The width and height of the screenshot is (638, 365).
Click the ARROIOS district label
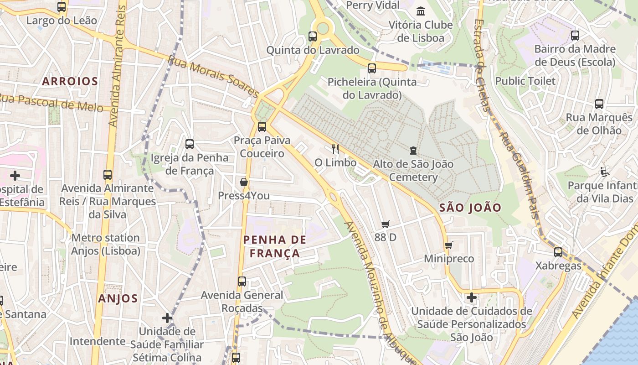click(x=70, y=81)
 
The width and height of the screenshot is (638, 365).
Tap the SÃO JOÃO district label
click(x=470, y=208)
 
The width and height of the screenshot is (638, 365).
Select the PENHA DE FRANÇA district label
click(x=274, y=246)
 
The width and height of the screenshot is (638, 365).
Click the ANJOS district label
click(x=118, y=298)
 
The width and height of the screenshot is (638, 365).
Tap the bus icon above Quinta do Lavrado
click(x=313, y=36)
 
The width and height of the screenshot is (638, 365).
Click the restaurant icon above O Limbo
click(x=335, y=149)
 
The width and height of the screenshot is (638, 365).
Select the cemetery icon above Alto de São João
click(x=413, y=150)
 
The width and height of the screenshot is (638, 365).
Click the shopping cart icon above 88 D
click(x=386, y=224)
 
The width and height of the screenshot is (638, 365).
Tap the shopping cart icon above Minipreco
click(x=449, y=245)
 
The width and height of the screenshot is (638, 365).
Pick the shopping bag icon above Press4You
click(x=244, y=182)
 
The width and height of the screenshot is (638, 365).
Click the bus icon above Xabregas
click(x=558, y=252)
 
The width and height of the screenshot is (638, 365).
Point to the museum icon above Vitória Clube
click(x=421, y=11)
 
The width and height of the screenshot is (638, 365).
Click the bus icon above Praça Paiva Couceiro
click(x=262, y=127)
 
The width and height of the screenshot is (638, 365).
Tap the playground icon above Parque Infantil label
click(x=605, y=172)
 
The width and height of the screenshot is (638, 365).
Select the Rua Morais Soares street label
click(x=213, y=76)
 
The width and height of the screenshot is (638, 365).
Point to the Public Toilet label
click(x=525, y=81)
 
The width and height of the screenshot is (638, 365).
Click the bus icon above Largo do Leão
click(x=62, y=7)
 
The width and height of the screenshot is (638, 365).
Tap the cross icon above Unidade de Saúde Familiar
click(x=167, y=318)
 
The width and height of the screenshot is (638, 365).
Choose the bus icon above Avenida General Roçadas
click(x=242, y=282)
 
